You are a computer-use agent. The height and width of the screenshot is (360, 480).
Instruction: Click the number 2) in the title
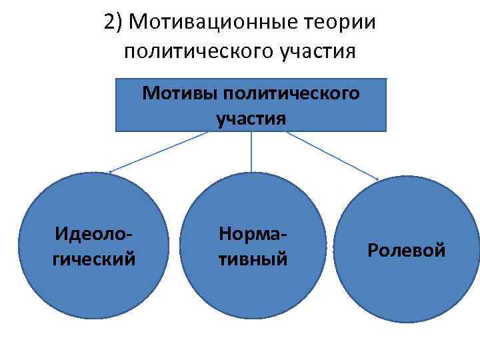[113, 22]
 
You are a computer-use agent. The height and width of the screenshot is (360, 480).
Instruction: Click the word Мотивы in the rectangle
[180, 93]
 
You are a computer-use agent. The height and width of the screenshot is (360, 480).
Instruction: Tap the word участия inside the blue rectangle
[251, 119]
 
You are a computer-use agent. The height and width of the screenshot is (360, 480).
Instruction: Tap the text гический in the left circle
[93, 257]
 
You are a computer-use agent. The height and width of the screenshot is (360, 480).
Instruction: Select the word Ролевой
[407, 251]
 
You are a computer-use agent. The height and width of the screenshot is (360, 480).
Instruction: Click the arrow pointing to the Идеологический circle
[160, 151]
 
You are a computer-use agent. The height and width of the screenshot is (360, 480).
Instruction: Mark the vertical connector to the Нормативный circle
[251, 153]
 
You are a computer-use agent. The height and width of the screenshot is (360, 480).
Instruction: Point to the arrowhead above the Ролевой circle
[377, 179]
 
